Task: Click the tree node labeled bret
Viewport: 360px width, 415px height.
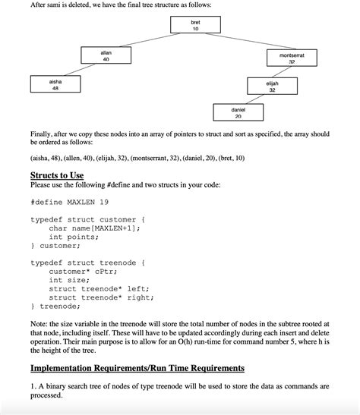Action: pos(194,26)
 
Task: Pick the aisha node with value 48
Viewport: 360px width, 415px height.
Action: pos(55,84)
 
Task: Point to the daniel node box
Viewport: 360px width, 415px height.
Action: pos(238,112)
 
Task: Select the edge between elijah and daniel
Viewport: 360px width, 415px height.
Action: pos(254,99)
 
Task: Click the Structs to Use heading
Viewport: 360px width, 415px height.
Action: pos(62,175)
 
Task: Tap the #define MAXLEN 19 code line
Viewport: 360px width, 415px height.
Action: pos(71,203)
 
